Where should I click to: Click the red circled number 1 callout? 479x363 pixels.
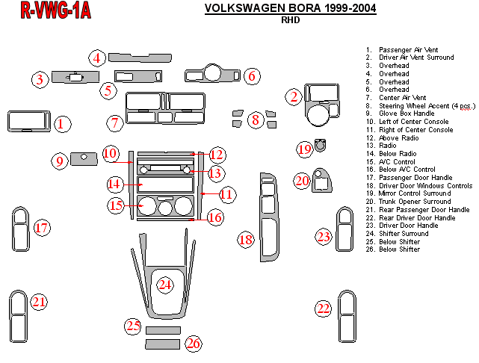(x=63, y=124)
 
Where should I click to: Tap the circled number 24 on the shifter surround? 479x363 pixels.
(x=165, y=285)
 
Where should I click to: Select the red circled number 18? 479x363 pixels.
(x=246, y=240)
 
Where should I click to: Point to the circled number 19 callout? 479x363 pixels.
(x=304, y=149)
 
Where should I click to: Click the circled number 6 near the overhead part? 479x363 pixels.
(x=252, y=75)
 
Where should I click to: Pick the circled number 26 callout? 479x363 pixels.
(x=194, y=344)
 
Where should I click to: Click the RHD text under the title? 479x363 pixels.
(x=290, y=21)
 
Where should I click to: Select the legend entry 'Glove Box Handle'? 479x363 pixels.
(x=403, y=114)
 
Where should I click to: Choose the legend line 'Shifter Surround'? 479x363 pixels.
(x=403, y=233)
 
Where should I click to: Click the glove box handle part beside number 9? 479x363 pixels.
(x=85, y=158)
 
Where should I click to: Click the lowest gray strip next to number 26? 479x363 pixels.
(x=162, y=344)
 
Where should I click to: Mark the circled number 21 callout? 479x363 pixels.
(x=38, y=302)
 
